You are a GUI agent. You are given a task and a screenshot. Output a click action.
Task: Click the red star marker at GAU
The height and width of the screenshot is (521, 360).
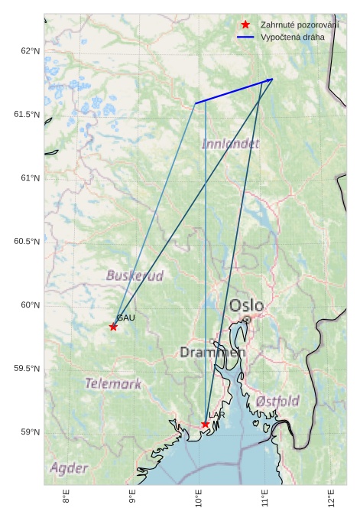click(113, 327)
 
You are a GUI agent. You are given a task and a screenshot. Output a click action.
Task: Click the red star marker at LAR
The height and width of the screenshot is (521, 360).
click(206, 424)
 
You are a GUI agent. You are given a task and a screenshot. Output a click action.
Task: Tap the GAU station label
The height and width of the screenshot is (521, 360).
click(126, 317)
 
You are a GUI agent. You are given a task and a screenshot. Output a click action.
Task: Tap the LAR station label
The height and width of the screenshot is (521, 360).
click(217, 415)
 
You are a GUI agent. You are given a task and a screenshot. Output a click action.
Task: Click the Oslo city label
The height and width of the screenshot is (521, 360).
click(246, 306)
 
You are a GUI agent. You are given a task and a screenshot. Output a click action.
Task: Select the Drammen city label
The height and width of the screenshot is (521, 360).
click(212, 353)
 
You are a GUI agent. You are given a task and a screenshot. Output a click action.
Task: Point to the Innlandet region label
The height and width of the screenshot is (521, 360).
click(230, 143)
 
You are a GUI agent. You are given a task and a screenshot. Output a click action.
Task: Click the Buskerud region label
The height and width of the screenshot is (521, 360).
click(135, 275)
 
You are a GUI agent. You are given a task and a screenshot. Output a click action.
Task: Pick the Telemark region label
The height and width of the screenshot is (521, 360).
click(113, 384)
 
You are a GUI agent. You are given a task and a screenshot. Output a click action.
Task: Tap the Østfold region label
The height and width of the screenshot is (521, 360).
click(277, 401)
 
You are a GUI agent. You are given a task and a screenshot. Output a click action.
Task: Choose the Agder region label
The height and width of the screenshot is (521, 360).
click(69, 467)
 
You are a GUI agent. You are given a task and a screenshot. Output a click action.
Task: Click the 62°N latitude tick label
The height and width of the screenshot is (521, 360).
click(30, 51)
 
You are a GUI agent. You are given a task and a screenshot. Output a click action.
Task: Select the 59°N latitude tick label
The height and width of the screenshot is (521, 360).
click(30, 432)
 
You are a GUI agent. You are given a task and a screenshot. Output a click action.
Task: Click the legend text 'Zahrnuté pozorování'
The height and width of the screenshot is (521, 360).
click(299, 24)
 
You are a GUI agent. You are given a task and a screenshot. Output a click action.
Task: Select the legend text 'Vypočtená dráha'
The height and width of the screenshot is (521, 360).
click(292, 37)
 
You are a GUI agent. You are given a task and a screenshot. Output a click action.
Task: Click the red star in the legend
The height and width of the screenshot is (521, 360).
click(245, 24)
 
